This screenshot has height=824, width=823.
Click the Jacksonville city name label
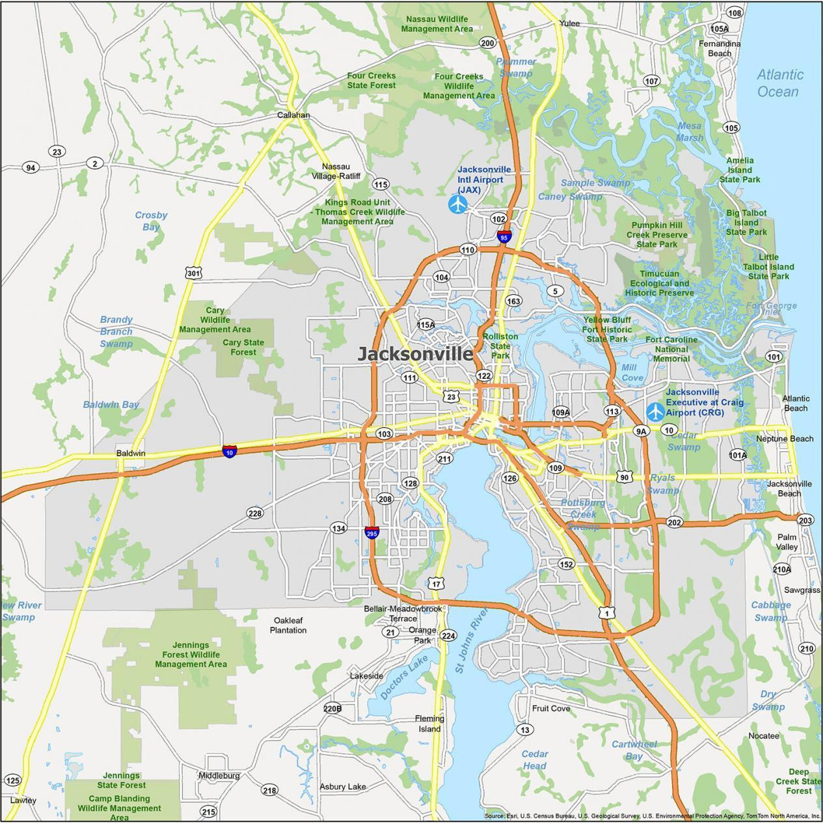click(415, 354)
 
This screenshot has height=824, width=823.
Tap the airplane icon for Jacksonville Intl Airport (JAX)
click(458, 204)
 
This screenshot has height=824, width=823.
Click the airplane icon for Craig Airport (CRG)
click(655, 411)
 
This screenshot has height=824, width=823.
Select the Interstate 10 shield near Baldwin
click(230, 450)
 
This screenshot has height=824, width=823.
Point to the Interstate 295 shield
click(371, 533)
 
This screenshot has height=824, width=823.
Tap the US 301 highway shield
click(193, 273)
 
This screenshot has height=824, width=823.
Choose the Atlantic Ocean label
click(779, 83)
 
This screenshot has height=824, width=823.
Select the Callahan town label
click(293, 115)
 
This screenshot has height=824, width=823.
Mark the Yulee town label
click(569, 23)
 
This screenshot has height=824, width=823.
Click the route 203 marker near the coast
click(805, 519)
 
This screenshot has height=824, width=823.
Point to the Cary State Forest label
click(243, 347)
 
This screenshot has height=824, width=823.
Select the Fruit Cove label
click(550, 708)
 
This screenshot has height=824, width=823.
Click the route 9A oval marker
click(641, 431)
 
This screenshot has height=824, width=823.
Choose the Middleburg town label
click(219, 775)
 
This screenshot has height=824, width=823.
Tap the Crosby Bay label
click(151, 221)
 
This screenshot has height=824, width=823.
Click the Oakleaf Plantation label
click(288, 625)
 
